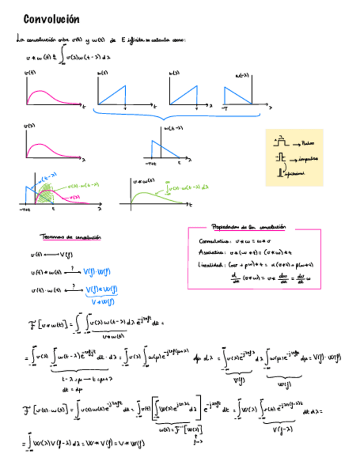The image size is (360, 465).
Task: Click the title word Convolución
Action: point(52,20)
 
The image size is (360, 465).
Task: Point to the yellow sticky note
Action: point(294,157)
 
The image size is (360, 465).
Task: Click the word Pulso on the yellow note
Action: point(307,143)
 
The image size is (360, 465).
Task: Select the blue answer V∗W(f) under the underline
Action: point(102,300)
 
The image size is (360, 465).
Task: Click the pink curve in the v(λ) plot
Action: point(41,148)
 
